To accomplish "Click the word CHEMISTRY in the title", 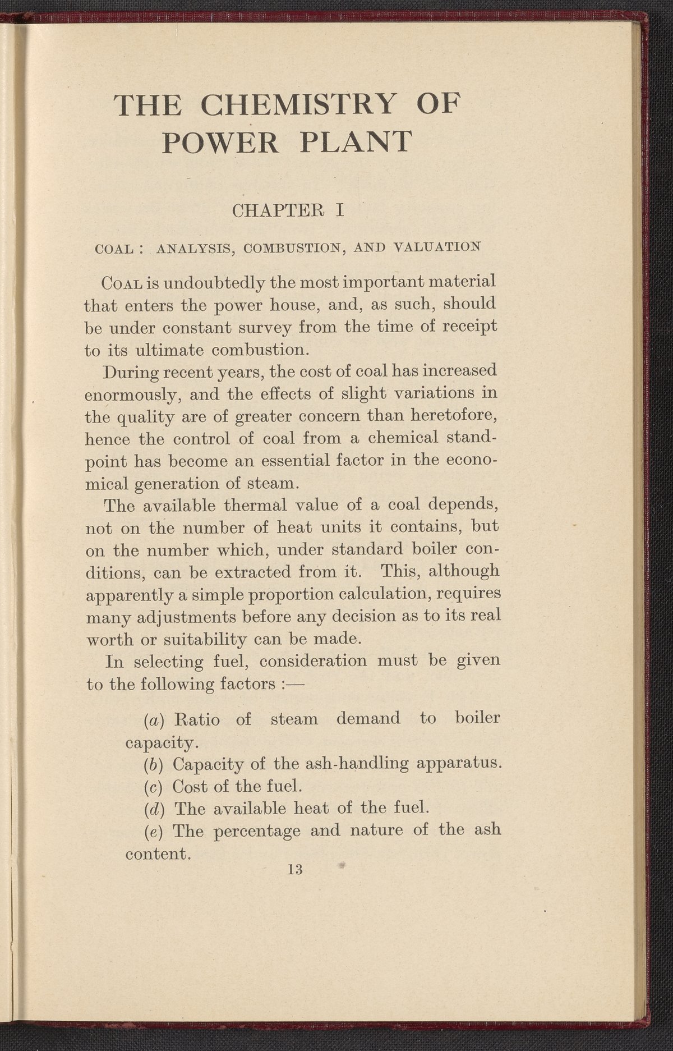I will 297,105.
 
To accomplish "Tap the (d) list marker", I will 150,809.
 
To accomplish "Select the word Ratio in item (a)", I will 197,719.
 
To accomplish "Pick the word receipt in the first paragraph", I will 470,326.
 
